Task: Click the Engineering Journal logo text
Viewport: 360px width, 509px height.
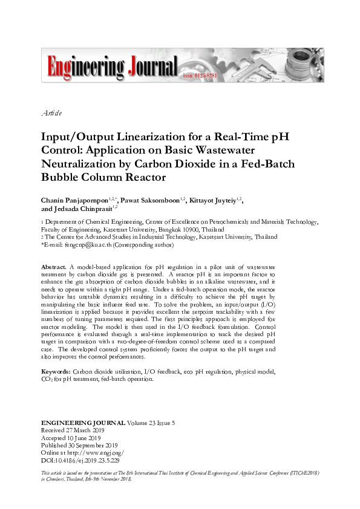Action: coord(109,66)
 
